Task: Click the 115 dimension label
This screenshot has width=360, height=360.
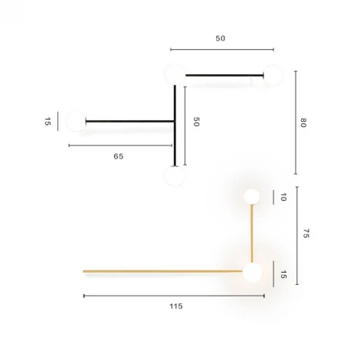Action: (x=175, y=306)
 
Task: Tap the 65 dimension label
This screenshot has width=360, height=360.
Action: (x=118, y=155)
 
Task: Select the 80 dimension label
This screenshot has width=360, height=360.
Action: (x=303, y=123)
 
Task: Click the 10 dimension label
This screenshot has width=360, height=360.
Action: (x=282, y=197)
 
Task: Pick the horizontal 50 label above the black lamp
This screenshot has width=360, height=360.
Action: (x=221, y=38)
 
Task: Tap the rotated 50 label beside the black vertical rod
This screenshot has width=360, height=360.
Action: (x=196, y=122)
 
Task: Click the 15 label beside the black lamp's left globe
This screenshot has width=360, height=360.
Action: (x=47, y=121)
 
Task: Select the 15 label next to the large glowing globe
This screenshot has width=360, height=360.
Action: (x=282, y=273)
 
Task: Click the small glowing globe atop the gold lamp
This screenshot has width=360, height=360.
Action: (x=252, y=196)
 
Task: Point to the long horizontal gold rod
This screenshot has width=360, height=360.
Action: (x=161, y=270)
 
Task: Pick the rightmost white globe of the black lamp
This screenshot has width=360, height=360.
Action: (x=273, y=75)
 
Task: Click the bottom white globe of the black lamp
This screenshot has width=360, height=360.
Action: (x=175, y=176)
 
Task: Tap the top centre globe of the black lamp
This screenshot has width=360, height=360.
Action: (x=175, y=74)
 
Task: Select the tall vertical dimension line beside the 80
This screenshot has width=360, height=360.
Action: (x=296, y=123)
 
